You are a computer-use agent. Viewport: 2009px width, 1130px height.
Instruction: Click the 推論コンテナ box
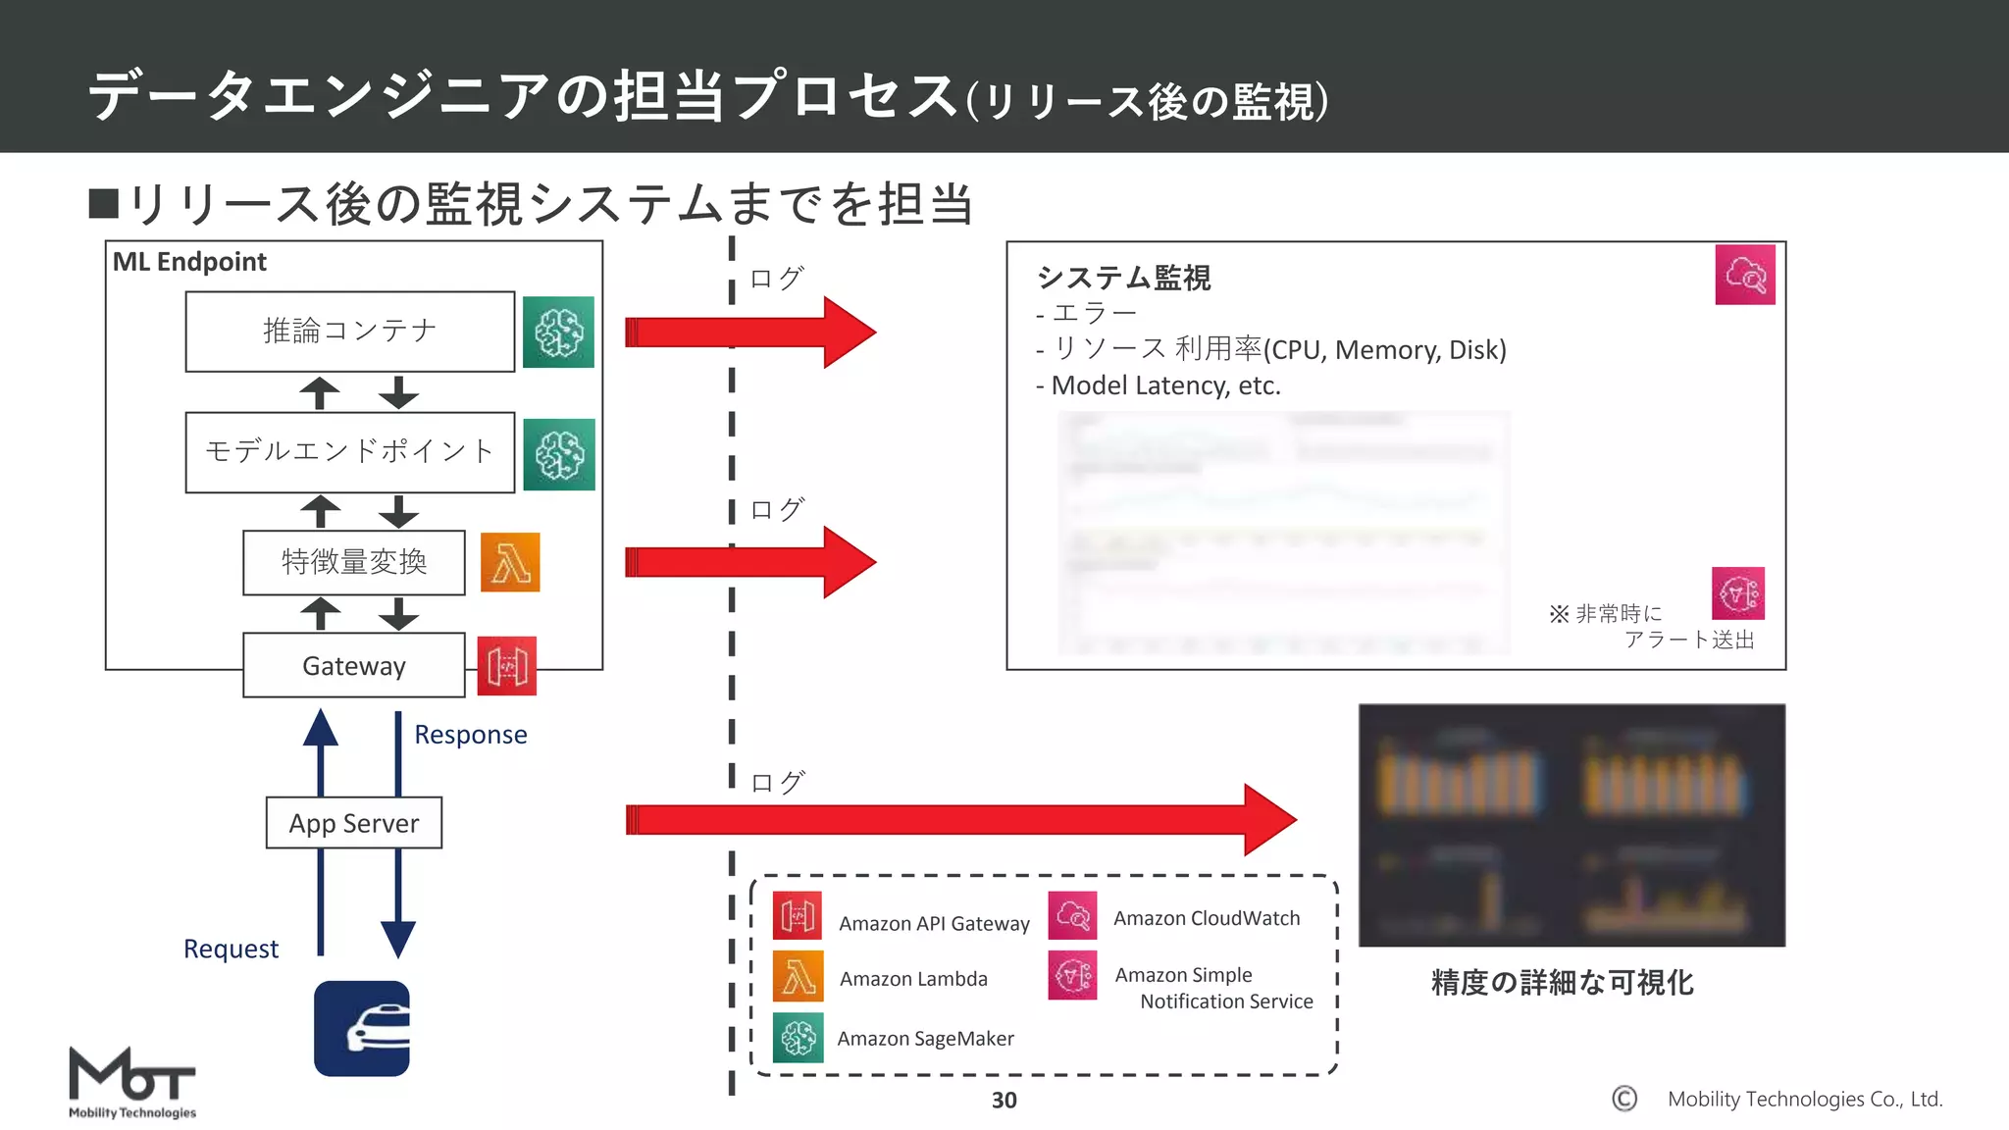[350, 332]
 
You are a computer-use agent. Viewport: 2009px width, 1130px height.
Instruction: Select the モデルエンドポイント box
[350, 452]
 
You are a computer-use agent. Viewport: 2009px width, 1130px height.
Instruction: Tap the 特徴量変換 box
[354, 562]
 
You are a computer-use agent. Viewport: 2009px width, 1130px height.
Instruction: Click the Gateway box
[354, 666]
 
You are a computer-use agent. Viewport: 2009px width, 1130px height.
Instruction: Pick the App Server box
[354, 823]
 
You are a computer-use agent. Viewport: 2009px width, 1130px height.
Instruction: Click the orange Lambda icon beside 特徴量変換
[510, 562]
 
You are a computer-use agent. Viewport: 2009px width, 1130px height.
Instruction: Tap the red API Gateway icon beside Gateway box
[506, 666]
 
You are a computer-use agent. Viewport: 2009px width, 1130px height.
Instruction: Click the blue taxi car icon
[362, 1028]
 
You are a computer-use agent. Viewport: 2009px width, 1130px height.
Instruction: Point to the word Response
[470, 735]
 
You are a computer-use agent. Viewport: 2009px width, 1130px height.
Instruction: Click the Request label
[231, 949]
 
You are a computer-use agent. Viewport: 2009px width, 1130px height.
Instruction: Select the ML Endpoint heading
[189, 262]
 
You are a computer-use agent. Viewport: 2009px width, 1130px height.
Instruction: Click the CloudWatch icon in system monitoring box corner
[1745, 275]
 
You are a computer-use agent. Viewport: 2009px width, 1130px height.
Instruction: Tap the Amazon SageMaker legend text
[925, 1039]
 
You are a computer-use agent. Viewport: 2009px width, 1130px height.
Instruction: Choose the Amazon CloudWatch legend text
[1207, 918]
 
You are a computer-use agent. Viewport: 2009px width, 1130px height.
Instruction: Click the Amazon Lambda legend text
[913, 979]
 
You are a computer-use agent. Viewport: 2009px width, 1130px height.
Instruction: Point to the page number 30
[1004, 1101]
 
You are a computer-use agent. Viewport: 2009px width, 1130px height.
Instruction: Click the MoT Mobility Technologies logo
[132, 1082]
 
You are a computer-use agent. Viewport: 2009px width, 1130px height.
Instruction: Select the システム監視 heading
[1124, 278]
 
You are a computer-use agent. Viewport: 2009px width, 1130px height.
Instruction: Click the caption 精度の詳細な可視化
[1562, 982]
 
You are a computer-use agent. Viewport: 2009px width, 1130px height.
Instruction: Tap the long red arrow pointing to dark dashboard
[961, 819]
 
